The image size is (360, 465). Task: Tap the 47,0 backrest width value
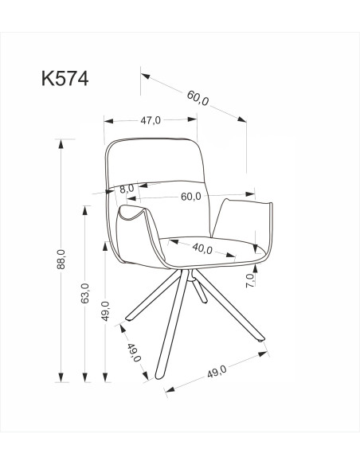coord(151,120)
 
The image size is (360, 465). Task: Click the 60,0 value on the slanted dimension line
coord(198,100)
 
